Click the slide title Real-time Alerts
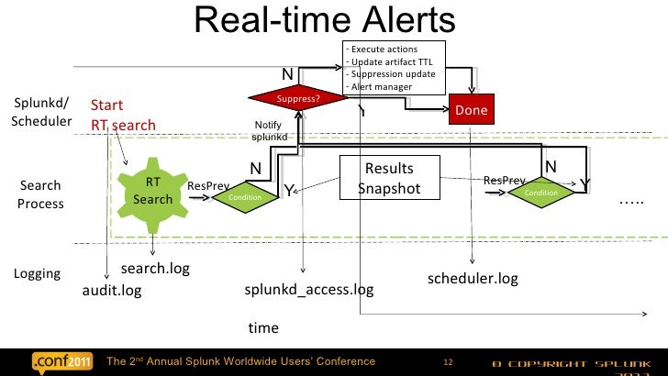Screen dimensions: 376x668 325,20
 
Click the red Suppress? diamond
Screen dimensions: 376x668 298,98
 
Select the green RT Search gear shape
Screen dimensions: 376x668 152,192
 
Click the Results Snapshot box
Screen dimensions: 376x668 388,179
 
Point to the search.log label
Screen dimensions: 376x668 155,269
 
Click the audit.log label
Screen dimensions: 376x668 112,291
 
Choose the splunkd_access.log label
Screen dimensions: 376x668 309,290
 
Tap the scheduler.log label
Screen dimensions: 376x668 473,278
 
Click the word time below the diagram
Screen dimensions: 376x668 263,327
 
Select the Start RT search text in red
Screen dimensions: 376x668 123,116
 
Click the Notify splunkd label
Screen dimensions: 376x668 269,131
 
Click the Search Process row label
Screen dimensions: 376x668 40,194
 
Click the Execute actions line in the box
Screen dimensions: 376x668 384,49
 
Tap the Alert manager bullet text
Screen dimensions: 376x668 381,87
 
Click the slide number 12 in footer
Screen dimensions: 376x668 449,360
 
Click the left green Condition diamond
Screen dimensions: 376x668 245,196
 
